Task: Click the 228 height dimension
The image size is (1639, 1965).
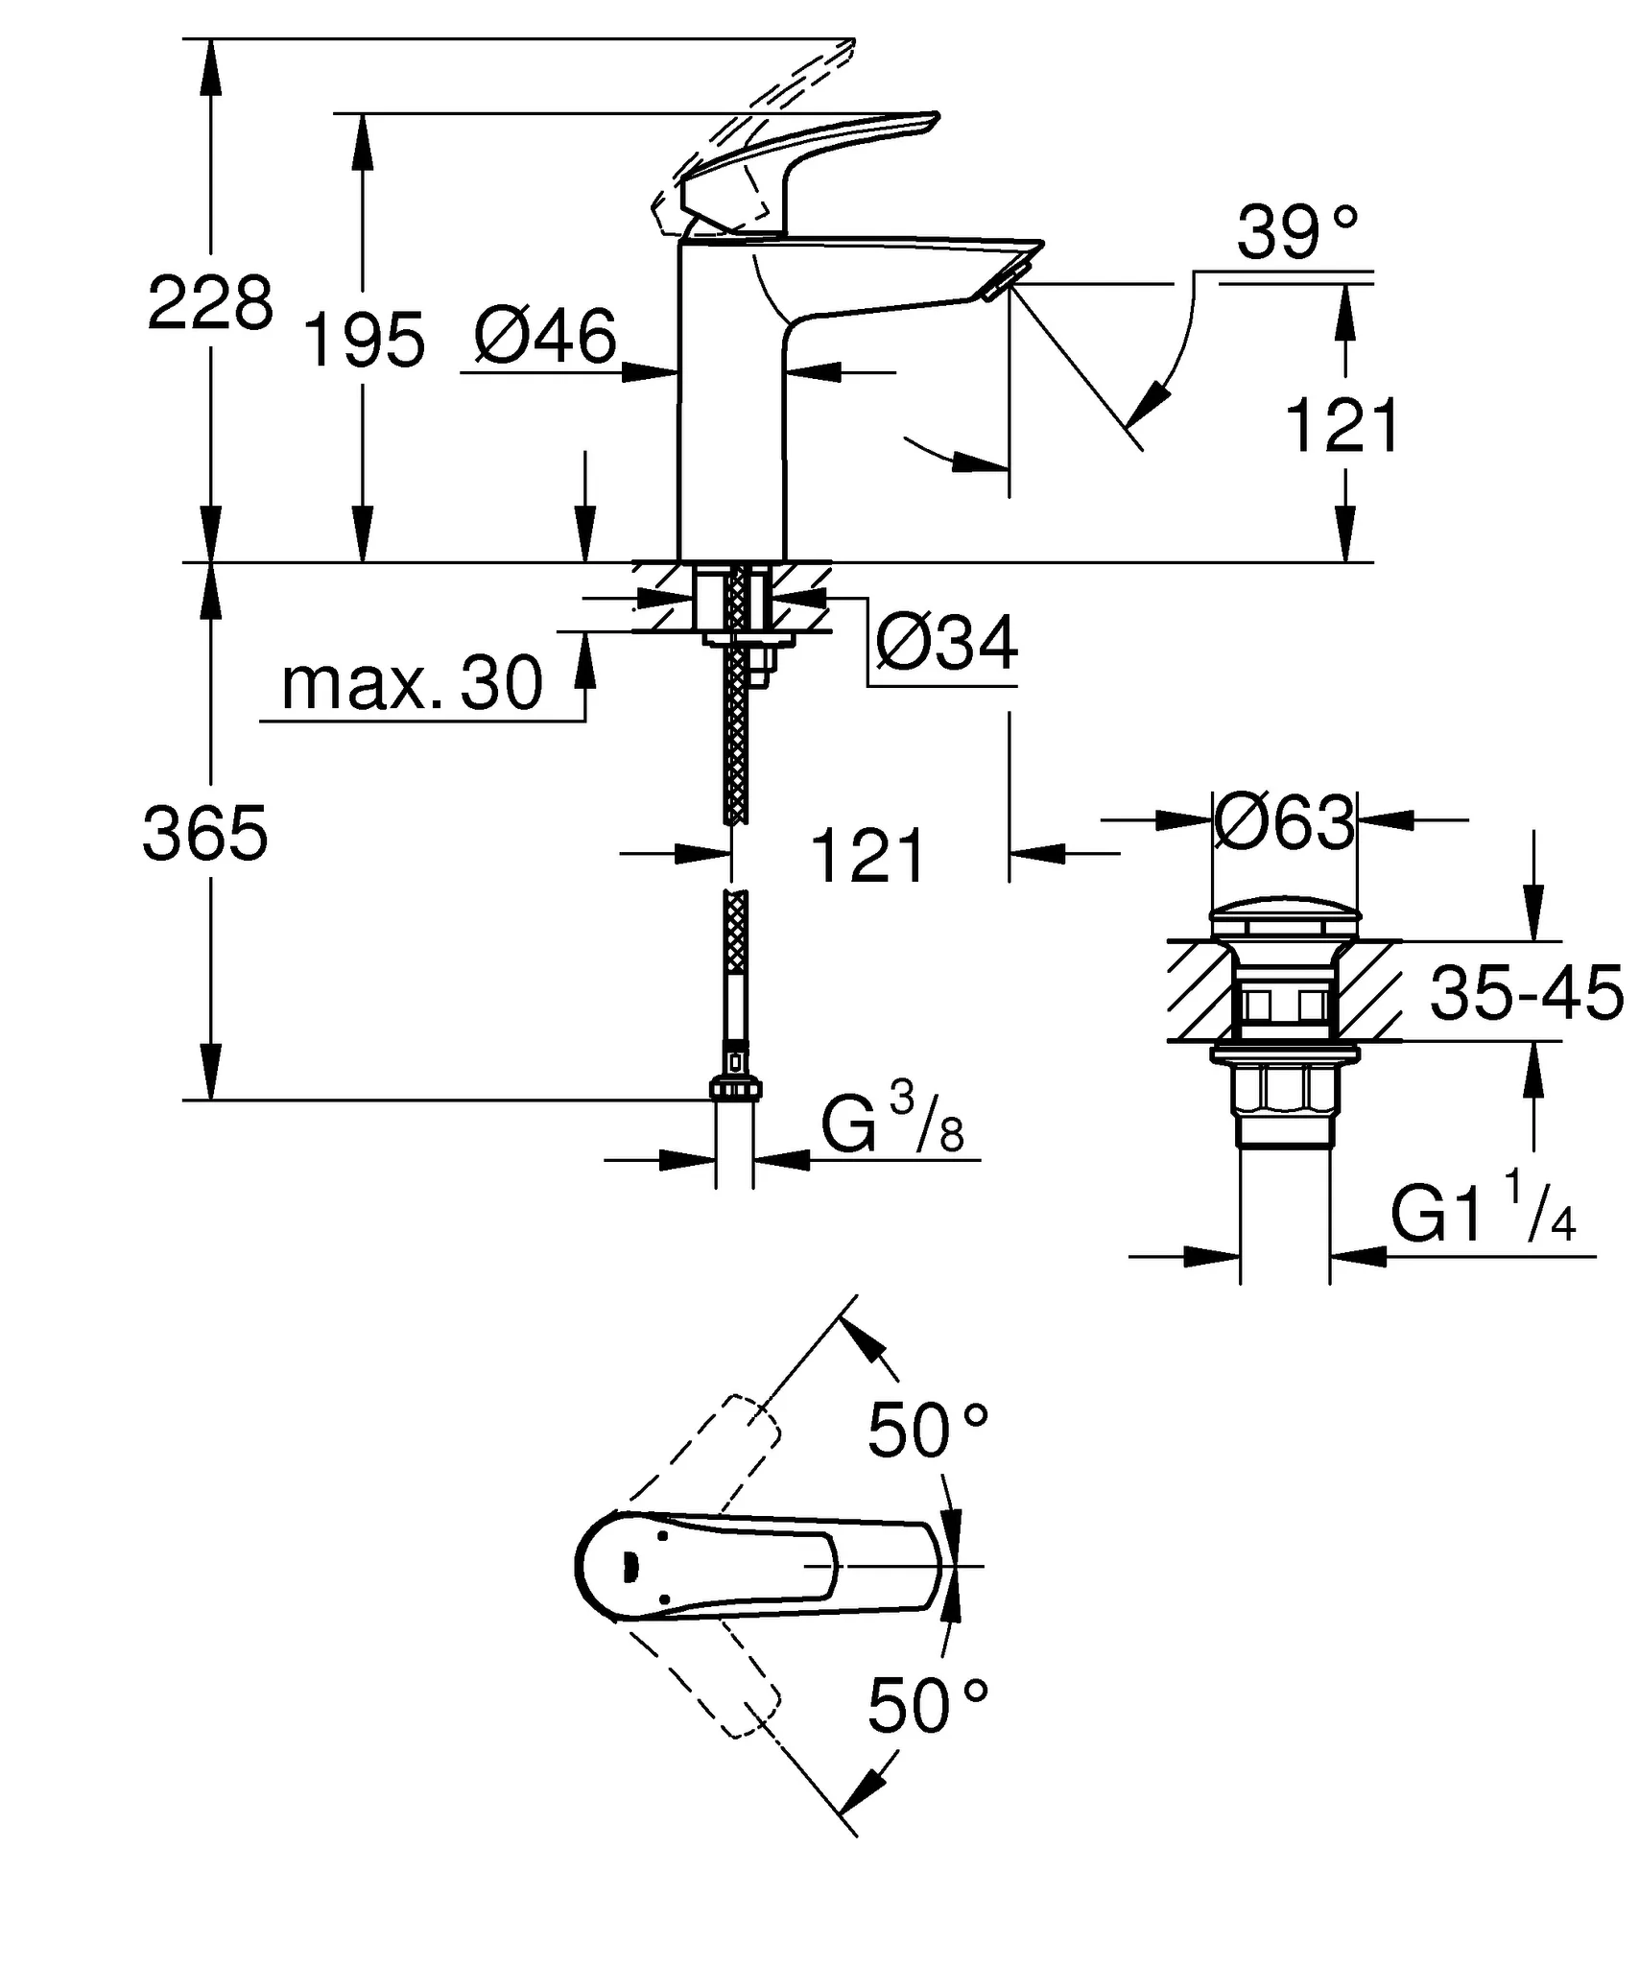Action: click(x=210, y=302)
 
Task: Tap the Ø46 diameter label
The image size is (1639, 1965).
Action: click(x=545, y=338)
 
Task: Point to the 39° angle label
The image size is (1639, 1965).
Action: click(x=1296, y=234)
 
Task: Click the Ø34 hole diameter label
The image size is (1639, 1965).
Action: click(x=946, y=644)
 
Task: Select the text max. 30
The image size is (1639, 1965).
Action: click(x=412, y=684)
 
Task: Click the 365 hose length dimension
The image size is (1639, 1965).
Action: click(x=205, y=833)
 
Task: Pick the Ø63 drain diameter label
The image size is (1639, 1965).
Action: click(x=1285, y=822)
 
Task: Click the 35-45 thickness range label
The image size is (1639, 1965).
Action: click(x=1525, y=993)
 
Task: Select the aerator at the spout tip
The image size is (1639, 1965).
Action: click(x=1004, y=281)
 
